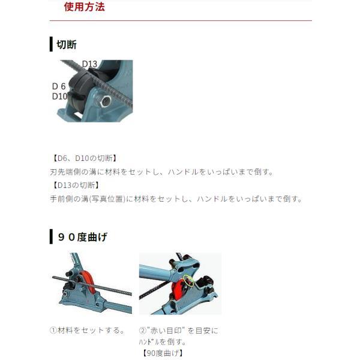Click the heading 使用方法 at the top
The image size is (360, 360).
point(84,8)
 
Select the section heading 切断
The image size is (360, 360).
point(66,44)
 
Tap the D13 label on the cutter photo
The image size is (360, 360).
point(89,64)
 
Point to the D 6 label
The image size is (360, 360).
point(59,86)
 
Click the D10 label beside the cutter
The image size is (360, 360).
point(59,96)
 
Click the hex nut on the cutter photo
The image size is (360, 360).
point(106,101)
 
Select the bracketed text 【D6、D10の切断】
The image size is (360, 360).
point(84,158)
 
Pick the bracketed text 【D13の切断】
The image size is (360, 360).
point(76,185)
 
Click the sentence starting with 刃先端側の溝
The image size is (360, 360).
point(161,172)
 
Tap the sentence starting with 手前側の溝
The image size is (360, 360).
point(176,199)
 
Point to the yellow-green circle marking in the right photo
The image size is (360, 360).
point(188,280)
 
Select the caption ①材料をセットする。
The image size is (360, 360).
point(87,330)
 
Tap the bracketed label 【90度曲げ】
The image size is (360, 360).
point(162,352)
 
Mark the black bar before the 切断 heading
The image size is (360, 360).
point(51,44)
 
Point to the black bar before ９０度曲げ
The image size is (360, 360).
point(51,237)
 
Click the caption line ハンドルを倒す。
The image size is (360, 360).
point(162,341)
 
